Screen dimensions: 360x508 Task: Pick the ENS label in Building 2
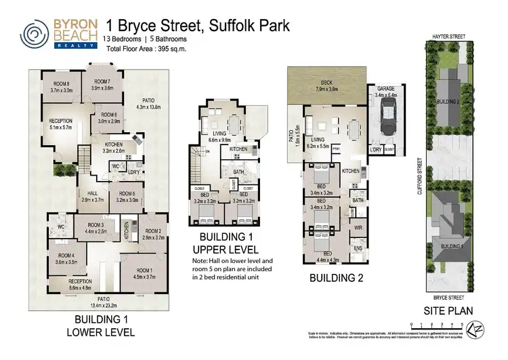358,248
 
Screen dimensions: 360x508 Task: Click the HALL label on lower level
90,197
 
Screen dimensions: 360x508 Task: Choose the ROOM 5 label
127,197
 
